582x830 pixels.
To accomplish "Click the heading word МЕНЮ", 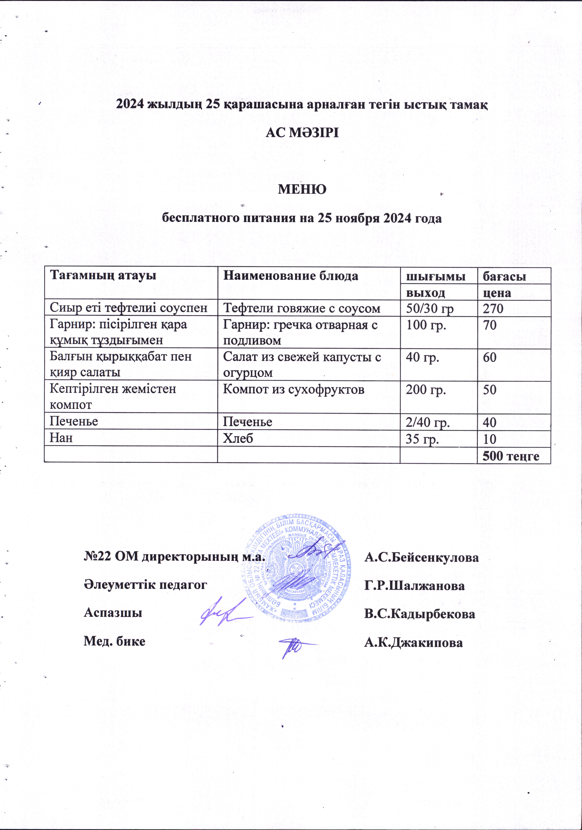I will [302, 189].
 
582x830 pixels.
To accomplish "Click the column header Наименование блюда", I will [291, 276].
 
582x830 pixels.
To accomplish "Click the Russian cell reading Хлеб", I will [238, 438].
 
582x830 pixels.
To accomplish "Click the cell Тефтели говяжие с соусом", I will [301, 308].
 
